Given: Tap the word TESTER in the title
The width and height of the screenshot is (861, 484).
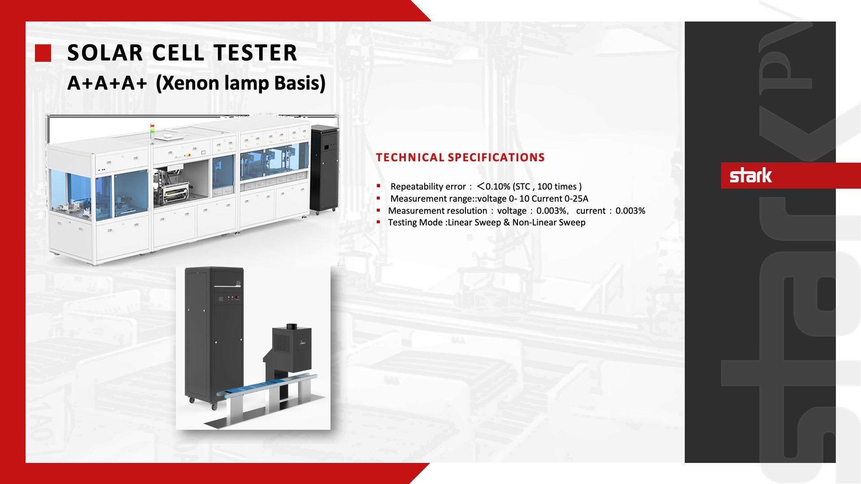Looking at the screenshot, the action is tap(255, 53).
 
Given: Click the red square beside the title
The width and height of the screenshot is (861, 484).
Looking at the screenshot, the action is tap(43, 53).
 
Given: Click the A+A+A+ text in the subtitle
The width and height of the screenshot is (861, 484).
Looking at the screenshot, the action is tap(107, 83).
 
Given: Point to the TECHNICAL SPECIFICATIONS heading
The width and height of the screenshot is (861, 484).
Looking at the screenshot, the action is tap(461, 157).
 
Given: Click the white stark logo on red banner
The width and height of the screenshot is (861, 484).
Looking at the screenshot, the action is tap(751, 175).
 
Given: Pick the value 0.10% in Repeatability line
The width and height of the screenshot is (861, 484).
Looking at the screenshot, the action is tap(498, 186).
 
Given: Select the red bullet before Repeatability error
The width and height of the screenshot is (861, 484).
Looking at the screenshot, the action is tap(379, 186).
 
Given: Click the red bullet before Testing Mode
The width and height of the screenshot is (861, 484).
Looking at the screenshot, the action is tap(379, 221).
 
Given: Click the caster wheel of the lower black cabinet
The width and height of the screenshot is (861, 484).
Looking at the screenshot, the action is tap(214, 406).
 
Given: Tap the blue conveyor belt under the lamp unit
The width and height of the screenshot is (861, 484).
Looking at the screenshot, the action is tap(267, 385).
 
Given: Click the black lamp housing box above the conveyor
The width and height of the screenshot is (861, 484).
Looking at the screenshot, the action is tap(292, 346).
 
